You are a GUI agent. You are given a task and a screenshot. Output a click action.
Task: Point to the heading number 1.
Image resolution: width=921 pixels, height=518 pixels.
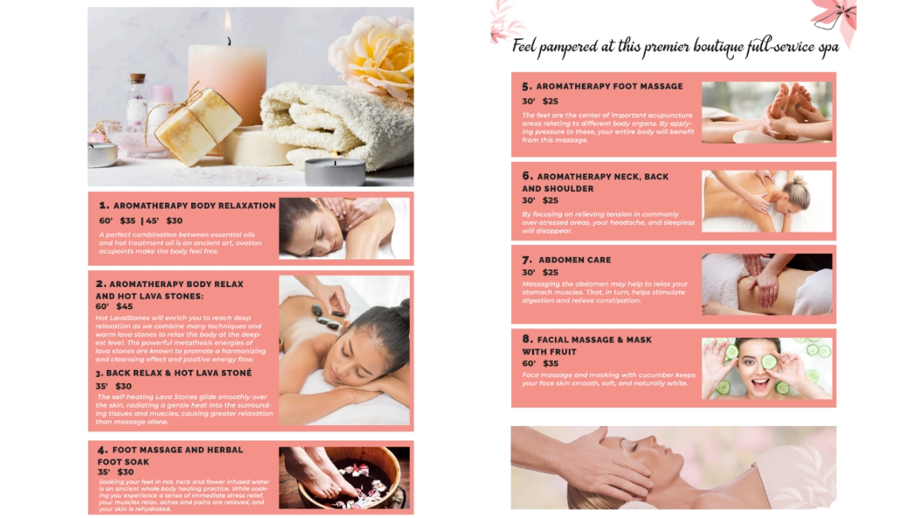[x=104, y=206]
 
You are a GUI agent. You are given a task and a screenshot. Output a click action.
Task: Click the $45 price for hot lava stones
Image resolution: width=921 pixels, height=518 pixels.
[x=124, y=306]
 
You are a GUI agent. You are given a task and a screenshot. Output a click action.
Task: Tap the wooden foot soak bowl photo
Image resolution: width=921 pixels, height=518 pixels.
[x=344, y=477]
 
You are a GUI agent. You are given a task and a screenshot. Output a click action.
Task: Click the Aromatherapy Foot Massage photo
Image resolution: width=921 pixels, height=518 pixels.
[x=767, y=113]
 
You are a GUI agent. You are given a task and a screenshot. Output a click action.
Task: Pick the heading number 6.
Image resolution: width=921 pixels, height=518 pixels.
[x=527, y=177]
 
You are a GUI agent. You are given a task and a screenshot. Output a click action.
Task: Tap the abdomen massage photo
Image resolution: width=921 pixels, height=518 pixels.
[x=767, y=285]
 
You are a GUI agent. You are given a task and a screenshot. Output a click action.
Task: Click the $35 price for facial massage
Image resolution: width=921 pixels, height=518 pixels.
[x=550, y=364]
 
